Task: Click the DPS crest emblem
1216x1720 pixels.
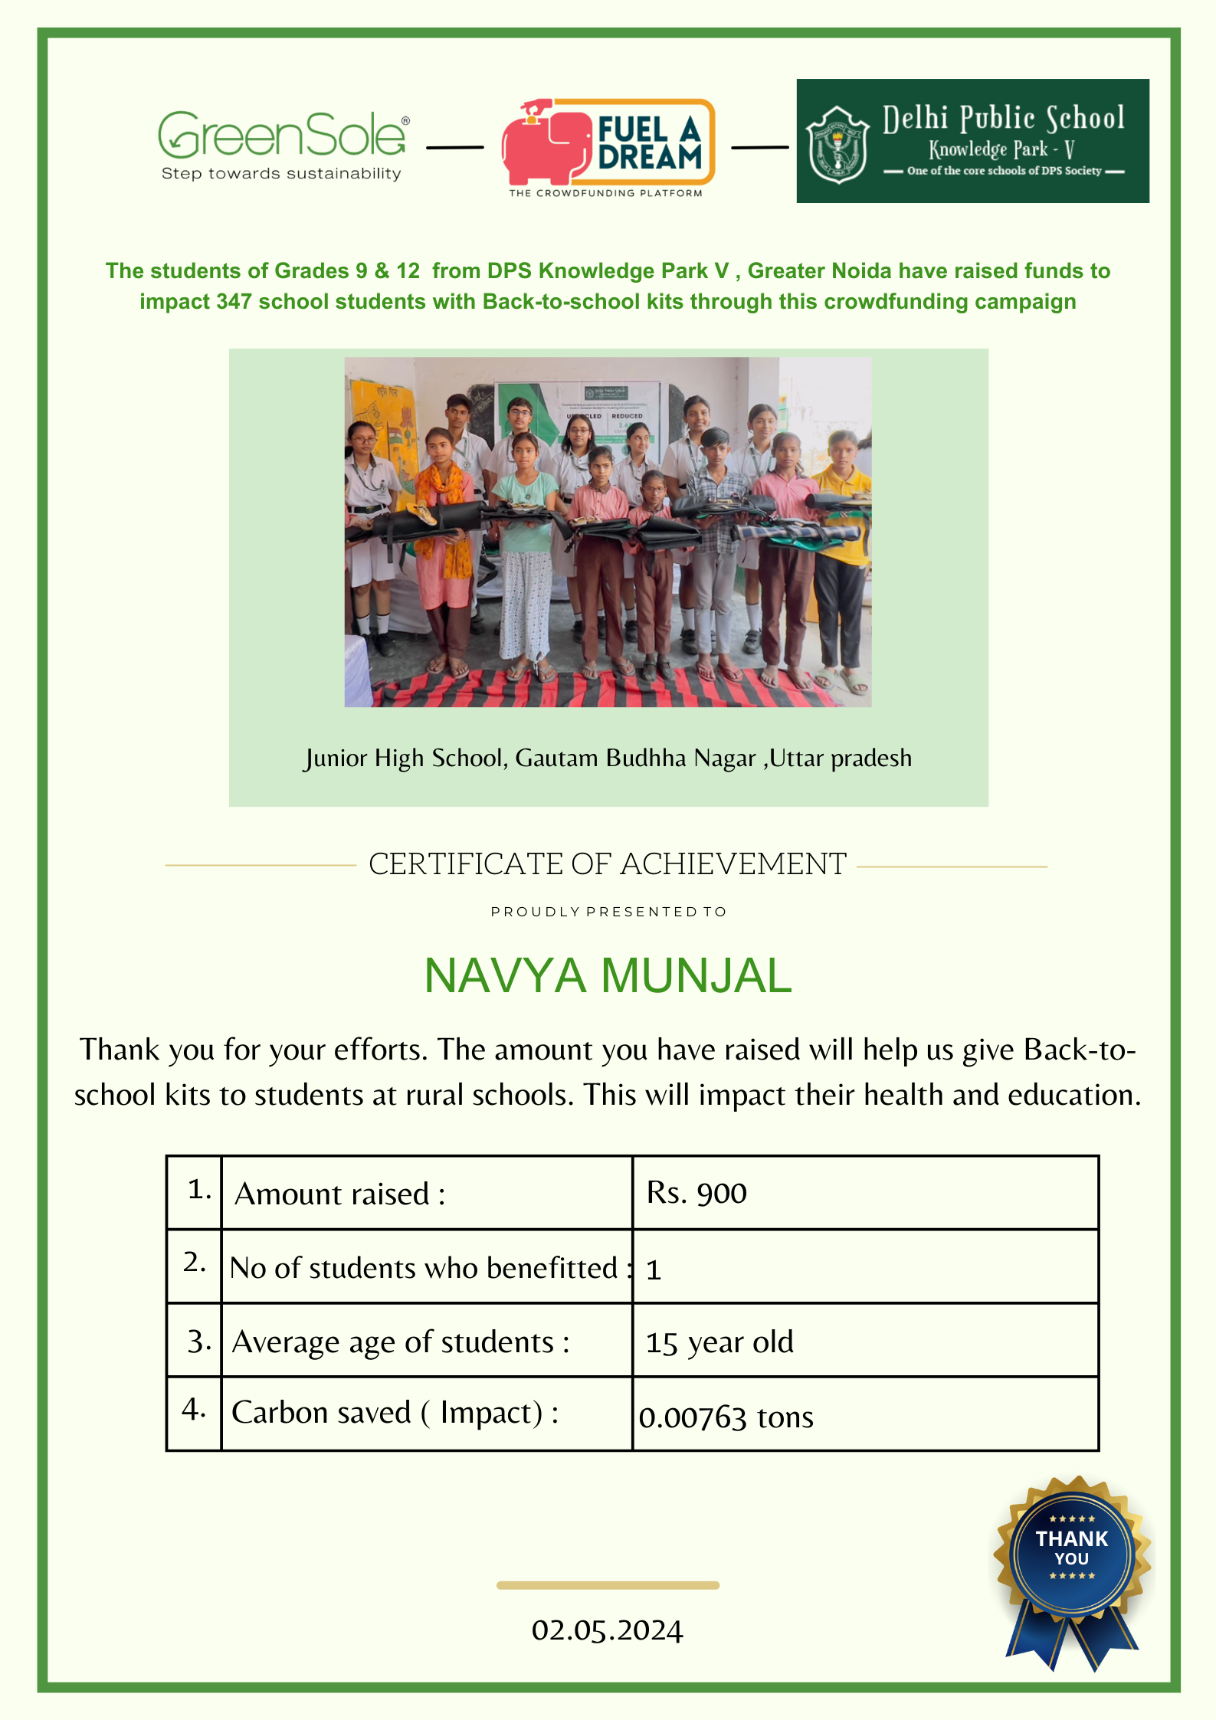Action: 839,145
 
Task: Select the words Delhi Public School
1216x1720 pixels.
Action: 1003,119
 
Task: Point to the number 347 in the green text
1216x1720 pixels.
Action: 234,302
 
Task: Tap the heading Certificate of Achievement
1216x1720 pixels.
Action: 608,864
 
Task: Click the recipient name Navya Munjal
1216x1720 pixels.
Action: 608,976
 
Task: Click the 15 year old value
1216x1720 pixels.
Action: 719,1342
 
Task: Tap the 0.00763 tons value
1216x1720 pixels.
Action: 726,1417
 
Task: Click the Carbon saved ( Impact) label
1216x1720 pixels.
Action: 395,1413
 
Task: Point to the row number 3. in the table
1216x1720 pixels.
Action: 198,1342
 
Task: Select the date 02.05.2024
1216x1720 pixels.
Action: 607,1630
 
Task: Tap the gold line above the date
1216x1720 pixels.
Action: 608,1585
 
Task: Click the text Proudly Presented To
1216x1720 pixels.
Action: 608,912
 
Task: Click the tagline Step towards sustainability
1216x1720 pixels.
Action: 281,174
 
